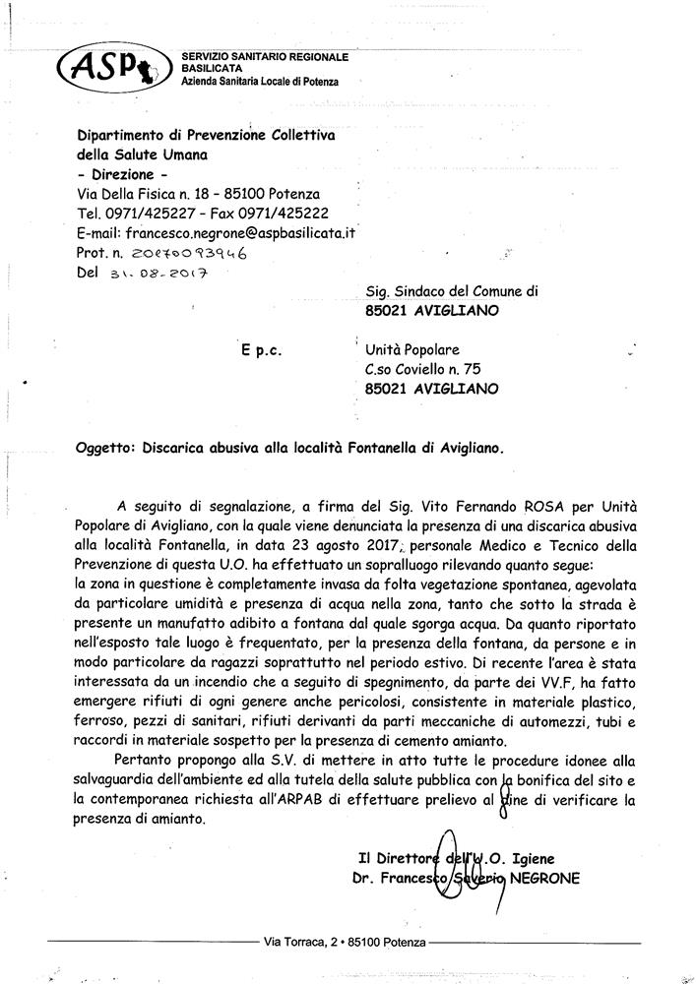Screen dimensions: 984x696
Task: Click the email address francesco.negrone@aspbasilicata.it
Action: (x=236, y=232)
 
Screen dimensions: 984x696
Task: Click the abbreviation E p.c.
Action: (x=261, y=349)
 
